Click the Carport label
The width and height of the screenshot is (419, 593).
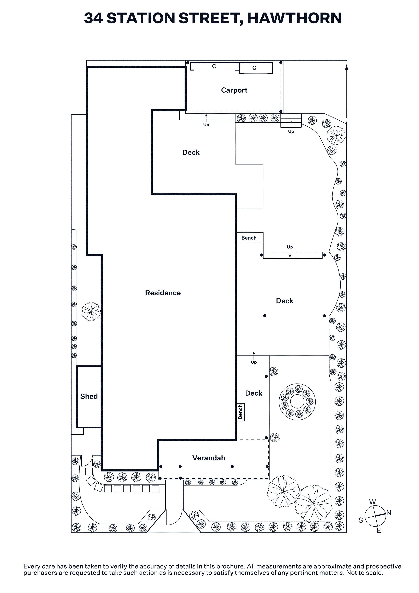[234, 90]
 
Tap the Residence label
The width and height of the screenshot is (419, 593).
[163, 293]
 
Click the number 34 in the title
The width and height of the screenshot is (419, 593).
[93, 18]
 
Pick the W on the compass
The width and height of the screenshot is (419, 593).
[373, 502]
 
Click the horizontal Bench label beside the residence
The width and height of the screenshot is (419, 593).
[249, 238]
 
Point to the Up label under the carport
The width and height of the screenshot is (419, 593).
[206, 125]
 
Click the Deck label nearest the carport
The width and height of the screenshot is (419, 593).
[191, 152]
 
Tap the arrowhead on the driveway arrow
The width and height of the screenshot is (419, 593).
[346, 67]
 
